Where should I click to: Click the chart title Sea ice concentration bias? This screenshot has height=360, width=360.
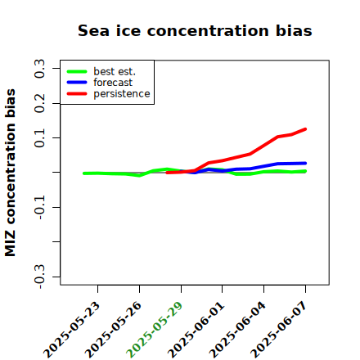click(x=195, y=31)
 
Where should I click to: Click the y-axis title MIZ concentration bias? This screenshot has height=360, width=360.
click(x=11, y=173)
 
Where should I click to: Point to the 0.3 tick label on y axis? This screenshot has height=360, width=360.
click(x=39, y=69)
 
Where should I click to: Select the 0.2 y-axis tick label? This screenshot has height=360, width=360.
click(x=39, y=103)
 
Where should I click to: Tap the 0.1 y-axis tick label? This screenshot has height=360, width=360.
click(x=39, y=138)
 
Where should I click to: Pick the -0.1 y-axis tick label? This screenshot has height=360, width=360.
click(x=39, y=208)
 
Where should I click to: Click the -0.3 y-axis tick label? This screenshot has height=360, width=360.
click(x=39, y=277)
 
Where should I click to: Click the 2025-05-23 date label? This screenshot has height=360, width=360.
click(x=71, y=330)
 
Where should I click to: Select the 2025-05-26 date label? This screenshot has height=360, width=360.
click(x=113, y=330)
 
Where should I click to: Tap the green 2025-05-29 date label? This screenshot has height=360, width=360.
click(x=155, y=330)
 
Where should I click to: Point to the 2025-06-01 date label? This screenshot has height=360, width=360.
click(x=196, y=330)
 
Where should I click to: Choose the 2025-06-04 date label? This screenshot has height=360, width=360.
click(x=237, y=330)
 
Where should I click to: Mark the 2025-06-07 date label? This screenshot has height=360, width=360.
click(x=279, y=330)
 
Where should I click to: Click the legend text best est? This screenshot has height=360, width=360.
click(x=115, y=71)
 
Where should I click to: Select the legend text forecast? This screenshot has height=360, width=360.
click(x=113, y=83)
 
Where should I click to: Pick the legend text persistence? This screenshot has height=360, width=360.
click(x=122, y=94)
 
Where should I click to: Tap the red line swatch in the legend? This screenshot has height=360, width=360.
click(x=77, y=94)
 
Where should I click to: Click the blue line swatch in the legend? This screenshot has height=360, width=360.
click(x=77, y=83)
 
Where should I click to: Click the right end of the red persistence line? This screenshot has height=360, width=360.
click(x=305, y=129)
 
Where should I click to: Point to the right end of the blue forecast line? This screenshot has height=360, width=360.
click(x=305, y=164)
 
